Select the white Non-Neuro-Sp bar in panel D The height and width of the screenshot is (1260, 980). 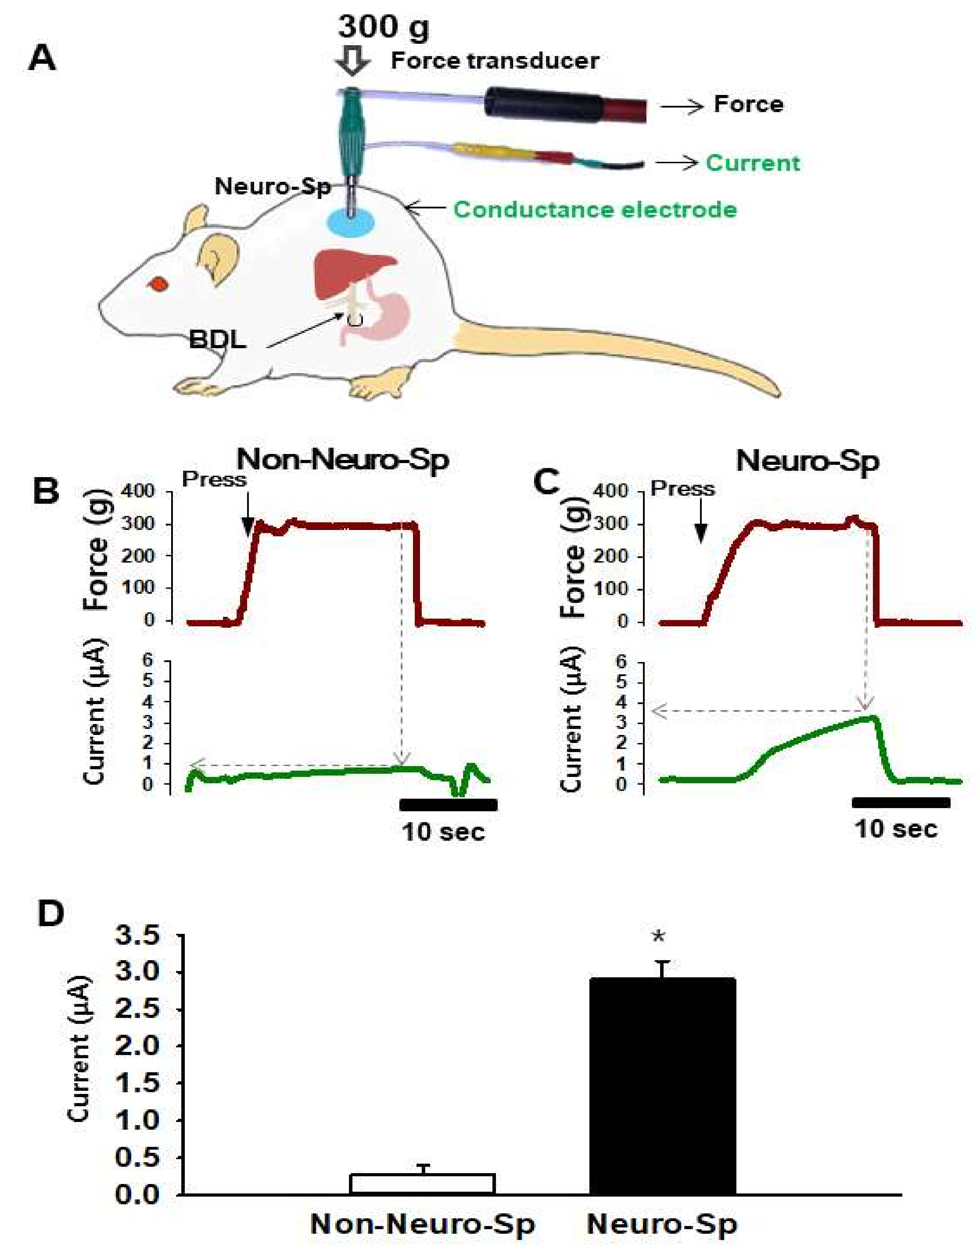(x=422, y=1183)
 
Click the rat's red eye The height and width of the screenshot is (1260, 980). (x=158, y=284)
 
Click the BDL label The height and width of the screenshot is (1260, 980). (x=217, y=340)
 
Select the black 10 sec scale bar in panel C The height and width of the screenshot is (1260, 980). (x=901, y=802)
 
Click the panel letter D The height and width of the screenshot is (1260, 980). (x=51, y=913)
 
